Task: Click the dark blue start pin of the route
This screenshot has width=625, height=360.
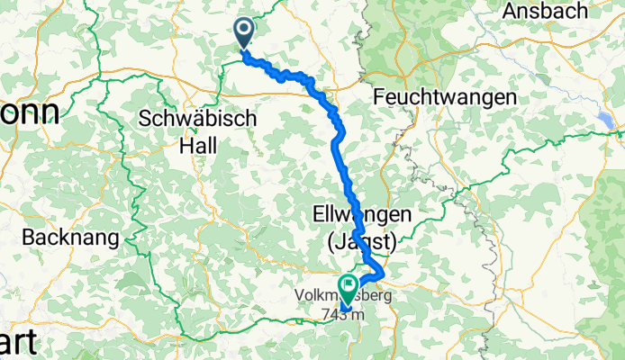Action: (x=244, y=33)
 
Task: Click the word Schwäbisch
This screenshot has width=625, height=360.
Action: (x=198, y=118)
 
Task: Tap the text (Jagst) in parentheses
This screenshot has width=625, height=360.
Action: (x=360, y=240)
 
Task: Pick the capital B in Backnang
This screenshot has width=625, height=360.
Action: (x=27, y=238)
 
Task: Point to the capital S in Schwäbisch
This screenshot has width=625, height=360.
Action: (x=146, y=118)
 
